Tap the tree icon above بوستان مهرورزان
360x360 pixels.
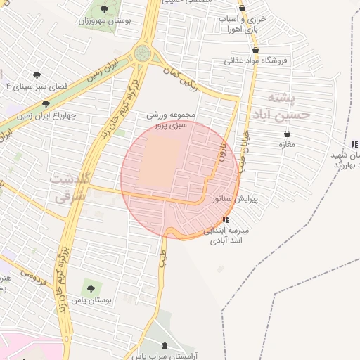click(x=104, y=9)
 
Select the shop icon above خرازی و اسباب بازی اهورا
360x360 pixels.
click(x=242, y=8)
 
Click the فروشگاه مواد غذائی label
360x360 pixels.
click(x=257, y=60)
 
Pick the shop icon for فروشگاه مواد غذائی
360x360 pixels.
click(x=255, y=50)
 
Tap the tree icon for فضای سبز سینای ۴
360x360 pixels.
click(x=37, y=75)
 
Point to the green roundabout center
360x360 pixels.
click(x=143, y=53)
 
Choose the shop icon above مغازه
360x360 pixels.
click(x=287, y=134)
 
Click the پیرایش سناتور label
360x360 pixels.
click(x=236, y=200)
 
